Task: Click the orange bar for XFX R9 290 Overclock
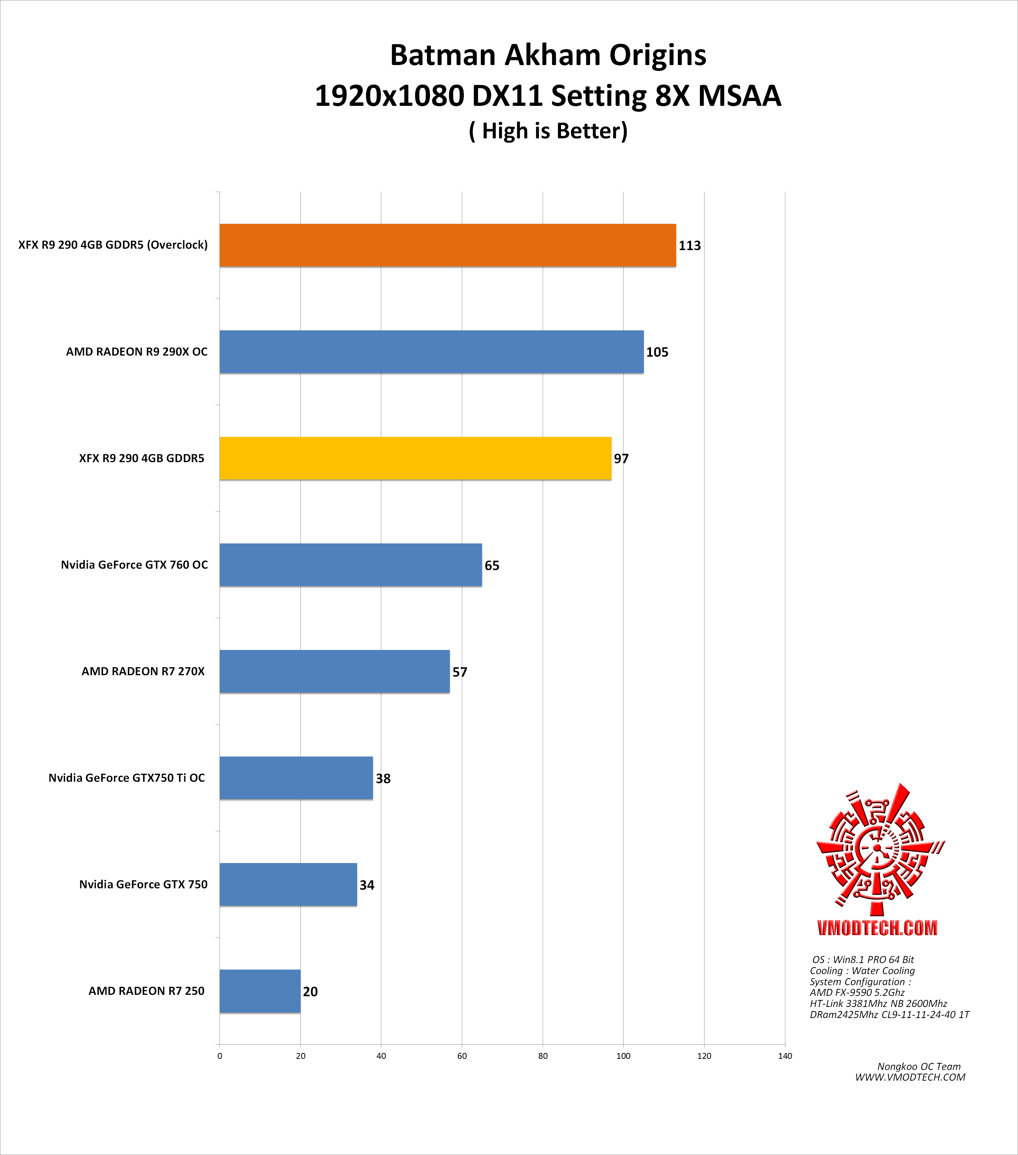click(447, 245)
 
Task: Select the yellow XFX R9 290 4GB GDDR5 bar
click(415, 458)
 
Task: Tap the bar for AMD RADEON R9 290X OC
click(431, 351)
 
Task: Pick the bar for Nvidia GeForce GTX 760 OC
click(351, 565)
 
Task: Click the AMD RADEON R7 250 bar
click(260, 991)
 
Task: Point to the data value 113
click(689, 246)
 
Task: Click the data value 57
click(460, 672)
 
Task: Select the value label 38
click(383, 779)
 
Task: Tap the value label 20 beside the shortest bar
click(310, 992)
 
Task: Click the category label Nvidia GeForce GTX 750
click(143, 884)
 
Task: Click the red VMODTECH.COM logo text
click(877, 928)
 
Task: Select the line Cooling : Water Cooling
click(862, 971)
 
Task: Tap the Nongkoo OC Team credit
click(919, 1066)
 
